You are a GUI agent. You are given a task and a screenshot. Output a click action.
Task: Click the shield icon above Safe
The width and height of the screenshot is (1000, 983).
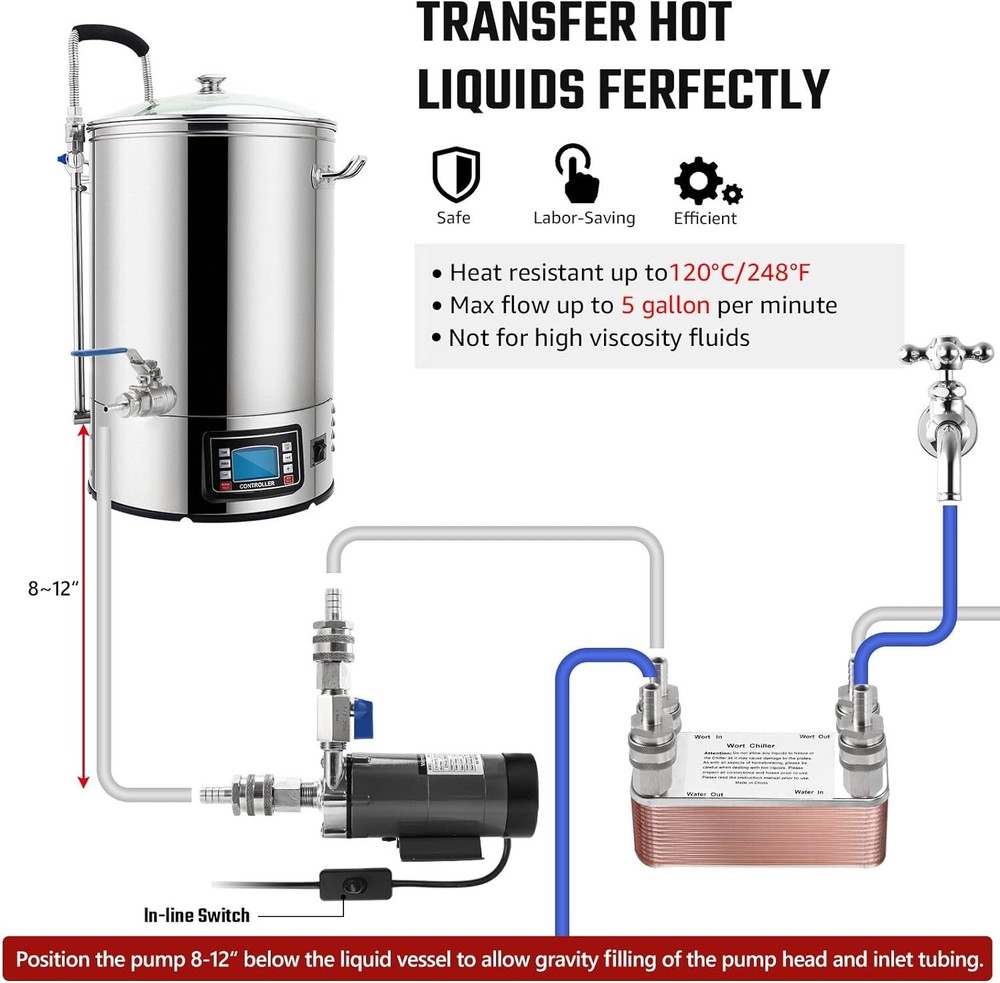click(x=452, y=175)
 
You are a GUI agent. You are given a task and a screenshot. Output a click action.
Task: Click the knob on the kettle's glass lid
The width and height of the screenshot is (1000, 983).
click(x=211, y=84)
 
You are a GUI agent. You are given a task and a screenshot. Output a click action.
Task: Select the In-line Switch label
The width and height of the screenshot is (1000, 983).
click(x=197, y=914)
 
